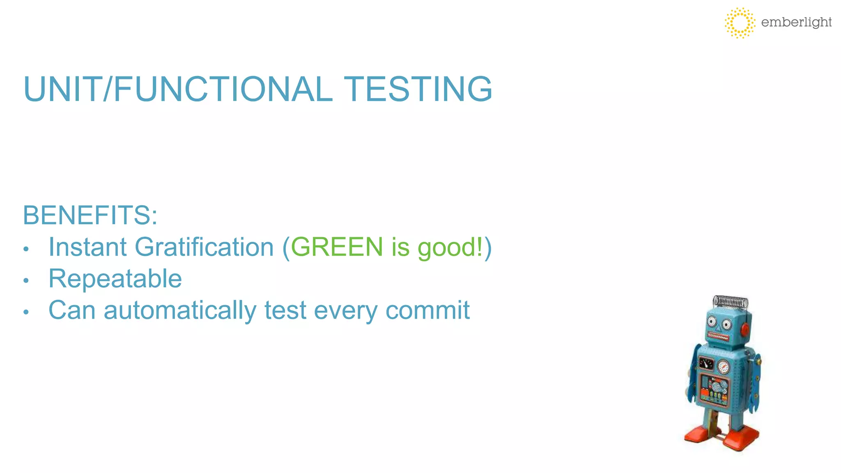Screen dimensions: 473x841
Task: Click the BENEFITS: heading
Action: (90, 215)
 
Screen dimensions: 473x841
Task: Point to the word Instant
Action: (87, 247)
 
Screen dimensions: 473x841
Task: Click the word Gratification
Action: (204, 247)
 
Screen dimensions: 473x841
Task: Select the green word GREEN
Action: (337, 247)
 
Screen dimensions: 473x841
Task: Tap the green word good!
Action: (450, 248)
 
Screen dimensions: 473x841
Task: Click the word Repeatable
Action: (115, 279)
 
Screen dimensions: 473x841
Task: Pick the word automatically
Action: (180, 310)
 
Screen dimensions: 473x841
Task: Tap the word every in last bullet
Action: (345, 311)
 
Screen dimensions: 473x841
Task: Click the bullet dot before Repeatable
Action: (26, 280)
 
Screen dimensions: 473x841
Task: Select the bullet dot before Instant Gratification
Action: (26, 249)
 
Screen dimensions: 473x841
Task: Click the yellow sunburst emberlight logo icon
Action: (740, 23)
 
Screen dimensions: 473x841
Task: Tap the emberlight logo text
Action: (796, 22)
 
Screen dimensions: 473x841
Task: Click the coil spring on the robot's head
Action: (731, 302)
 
